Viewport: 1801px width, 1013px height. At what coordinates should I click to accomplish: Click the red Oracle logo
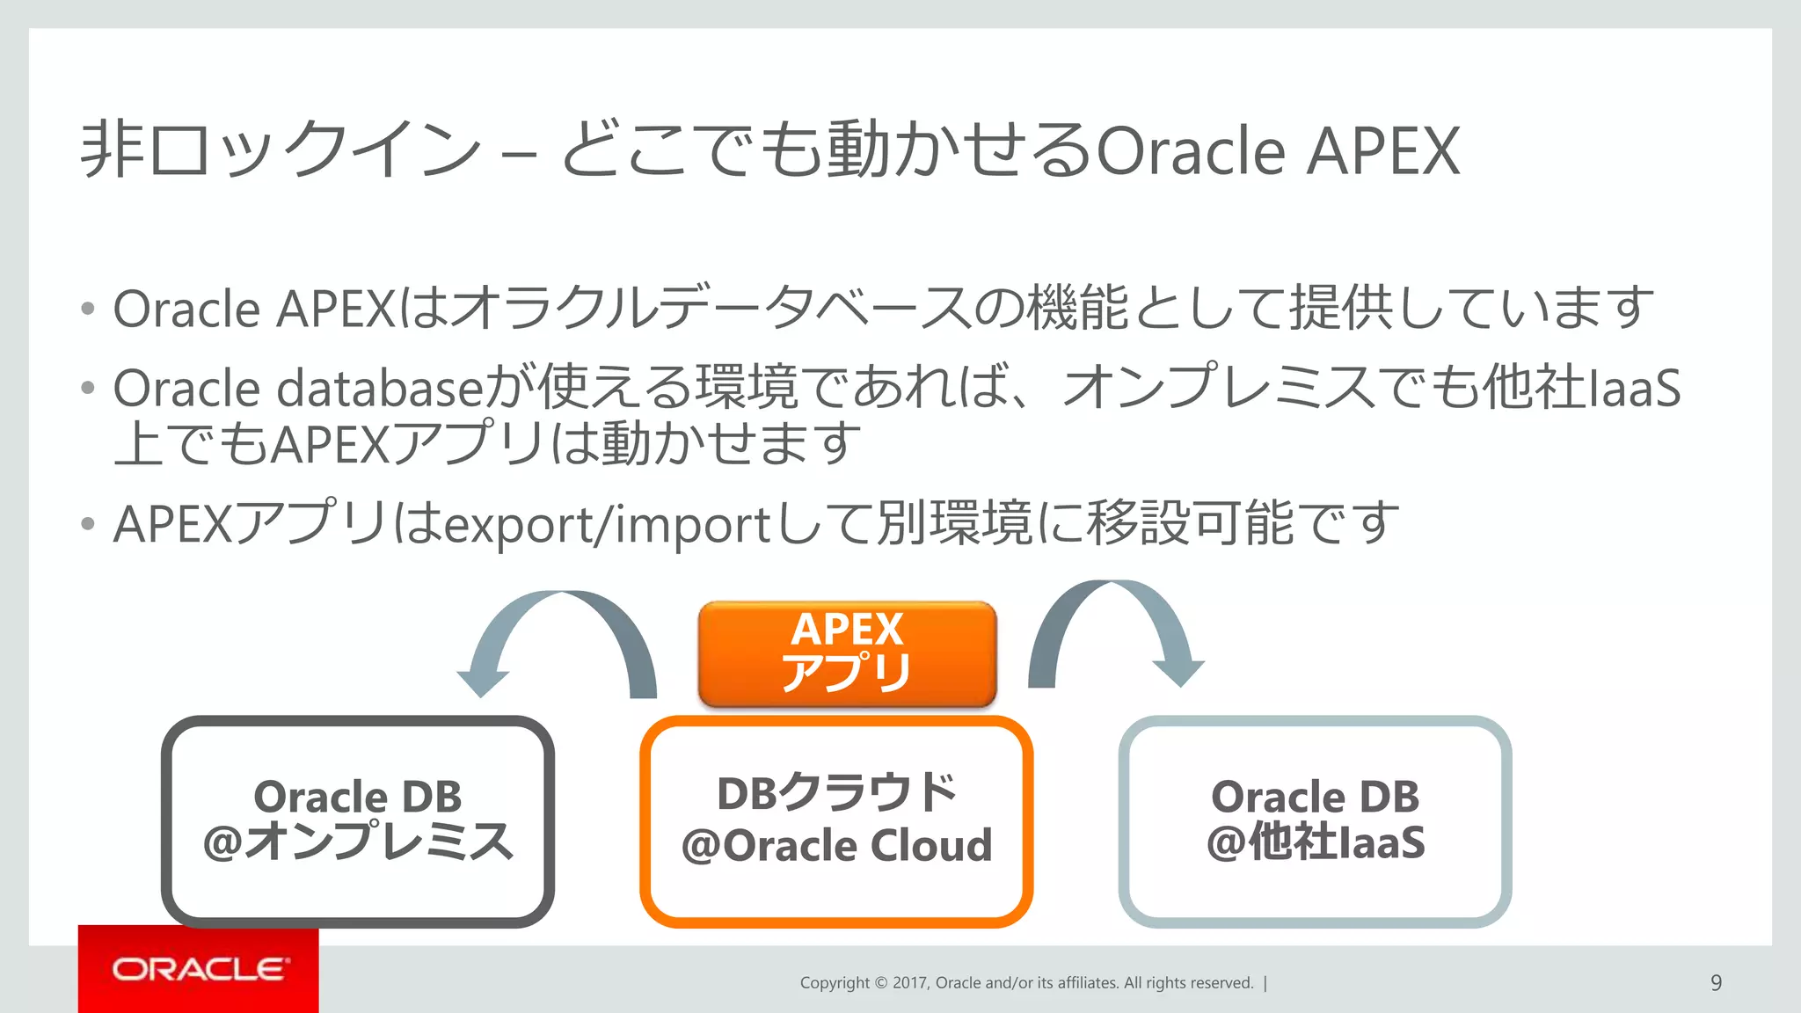199,969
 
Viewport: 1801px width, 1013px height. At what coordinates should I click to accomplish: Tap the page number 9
1716,983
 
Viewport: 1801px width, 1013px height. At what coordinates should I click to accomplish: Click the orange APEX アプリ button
847,653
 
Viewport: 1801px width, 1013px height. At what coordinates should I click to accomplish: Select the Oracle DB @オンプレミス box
357,820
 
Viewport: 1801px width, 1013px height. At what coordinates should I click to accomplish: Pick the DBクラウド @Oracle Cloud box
836,820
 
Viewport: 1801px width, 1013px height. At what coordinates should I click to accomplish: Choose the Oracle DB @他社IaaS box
1315,820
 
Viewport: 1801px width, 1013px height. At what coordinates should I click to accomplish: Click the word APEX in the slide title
1382,151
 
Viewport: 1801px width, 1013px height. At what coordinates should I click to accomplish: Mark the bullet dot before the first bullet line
87,310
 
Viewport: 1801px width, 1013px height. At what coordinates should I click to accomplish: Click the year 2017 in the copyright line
910,983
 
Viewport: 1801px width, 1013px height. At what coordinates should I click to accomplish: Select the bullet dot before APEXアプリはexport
87,525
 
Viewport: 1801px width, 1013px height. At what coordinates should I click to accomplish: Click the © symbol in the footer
881,983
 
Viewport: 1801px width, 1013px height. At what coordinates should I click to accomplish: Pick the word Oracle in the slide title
1192,151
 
